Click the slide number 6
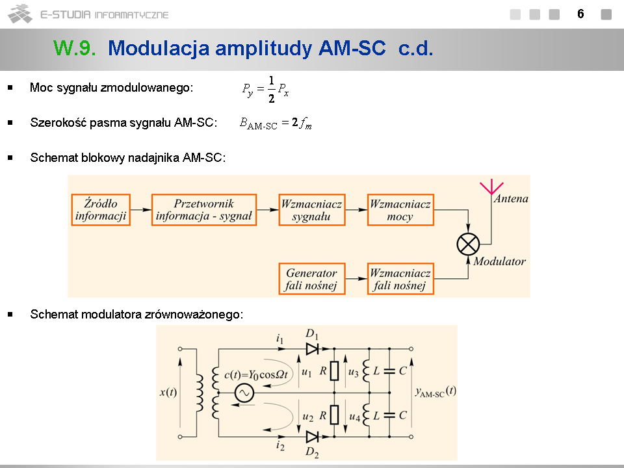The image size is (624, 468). (x=580, y=14)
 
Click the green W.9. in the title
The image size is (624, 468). (x=75, y=48)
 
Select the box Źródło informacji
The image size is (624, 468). (x=101, y=209)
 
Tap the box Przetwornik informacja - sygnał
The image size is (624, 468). (x=204, y=209)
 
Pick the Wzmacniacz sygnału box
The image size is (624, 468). (x=311, y=209)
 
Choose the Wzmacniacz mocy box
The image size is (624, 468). (x=400, y=209)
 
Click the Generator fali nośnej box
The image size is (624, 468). (x=311, y=279)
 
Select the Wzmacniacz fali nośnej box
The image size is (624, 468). (x=400, y=279)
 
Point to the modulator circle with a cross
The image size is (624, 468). (x=468, y=244)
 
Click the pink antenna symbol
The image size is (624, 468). (x=491, y=188)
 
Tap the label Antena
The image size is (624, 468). (x=511, y=199)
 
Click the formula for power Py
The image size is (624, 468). (x=265, y=90)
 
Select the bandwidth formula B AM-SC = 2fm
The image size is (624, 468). (x=276, y=123)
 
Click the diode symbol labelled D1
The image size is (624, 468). (x=313, y=349)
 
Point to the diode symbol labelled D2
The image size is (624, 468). (x=313, y=436)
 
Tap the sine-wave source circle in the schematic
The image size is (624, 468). (x=244, y=393)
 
